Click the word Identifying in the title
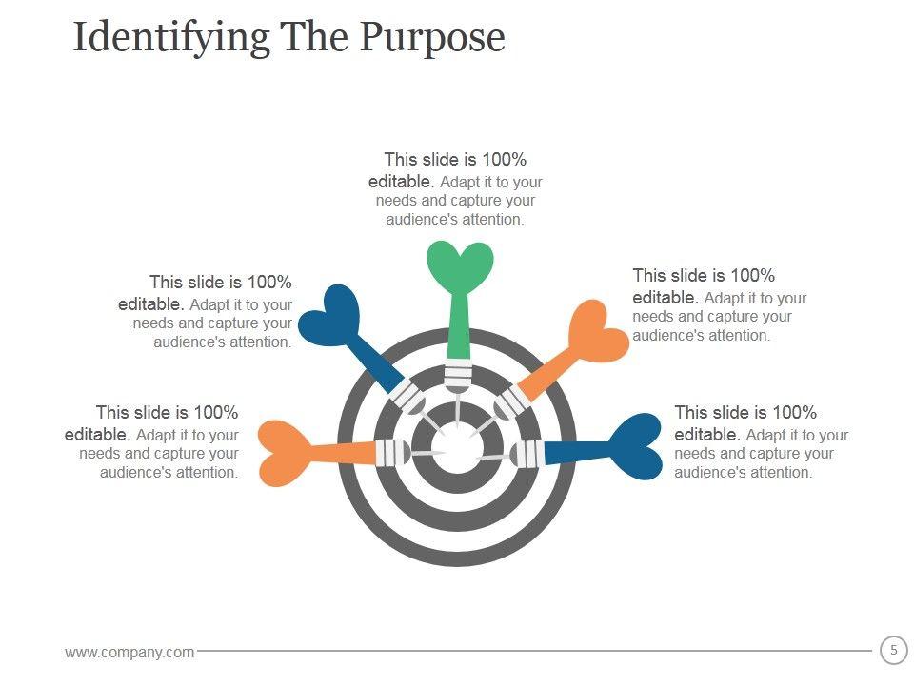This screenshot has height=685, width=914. click(171, 38)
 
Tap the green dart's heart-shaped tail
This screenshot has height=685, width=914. click(460, 264)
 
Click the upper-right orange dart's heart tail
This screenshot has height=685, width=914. click(597, 332)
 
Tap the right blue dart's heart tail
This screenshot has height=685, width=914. click(633, 445)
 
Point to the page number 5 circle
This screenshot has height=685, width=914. click(893, 651)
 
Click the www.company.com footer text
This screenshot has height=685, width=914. click(129, 652)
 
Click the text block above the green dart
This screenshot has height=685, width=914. click(455, 189)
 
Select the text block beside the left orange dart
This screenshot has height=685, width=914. click(152, 442)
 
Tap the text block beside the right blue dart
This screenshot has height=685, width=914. click(761, 442)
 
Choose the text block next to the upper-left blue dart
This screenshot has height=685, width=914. click(206, 312)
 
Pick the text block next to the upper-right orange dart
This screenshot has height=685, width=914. click(719, 304)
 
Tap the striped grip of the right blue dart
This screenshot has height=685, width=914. click(528, 453)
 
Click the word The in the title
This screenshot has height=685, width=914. click(313, 38)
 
